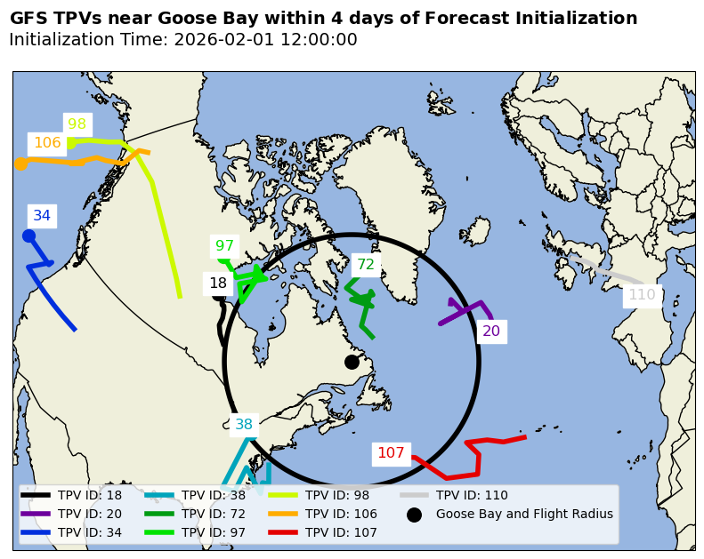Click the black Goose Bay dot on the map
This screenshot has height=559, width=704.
click(352, 362)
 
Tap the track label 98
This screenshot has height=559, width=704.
click(77, 125)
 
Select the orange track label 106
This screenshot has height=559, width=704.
click(47, 143)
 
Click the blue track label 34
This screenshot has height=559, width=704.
click(42, 216)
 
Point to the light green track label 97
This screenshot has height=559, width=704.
click(225, 246)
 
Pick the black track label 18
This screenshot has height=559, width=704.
click(218, 284)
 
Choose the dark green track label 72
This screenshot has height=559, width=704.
click(366, 265)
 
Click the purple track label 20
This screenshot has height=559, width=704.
click(491, 331)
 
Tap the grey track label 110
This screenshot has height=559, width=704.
click(642, 295)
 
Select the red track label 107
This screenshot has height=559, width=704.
click(391, 453)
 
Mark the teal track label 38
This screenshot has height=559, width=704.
click(244, 425)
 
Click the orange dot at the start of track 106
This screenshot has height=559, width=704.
click(20, 164)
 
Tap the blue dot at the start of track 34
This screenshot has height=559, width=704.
click(28, 236)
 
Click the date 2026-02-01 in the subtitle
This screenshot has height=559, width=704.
click(223, 40)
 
